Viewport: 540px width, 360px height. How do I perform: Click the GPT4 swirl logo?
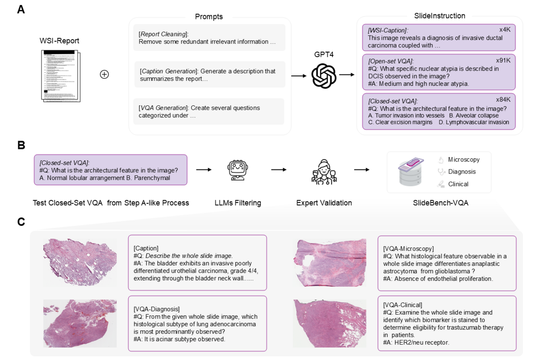324,76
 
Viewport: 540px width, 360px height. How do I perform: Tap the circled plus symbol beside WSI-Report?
104,74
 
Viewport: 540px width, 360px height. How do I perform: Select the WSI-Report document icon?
60,76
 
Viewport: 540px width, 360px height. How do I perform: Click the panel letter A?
21,9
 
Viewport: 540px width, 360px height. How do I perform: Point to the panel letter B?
21,145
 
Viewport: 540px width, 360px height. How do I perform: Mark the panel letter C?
21,222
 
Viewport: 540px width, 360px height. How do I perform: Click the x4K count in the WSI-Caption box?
505,30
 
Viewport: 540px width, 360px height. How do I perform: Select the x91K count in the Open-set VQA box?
503,60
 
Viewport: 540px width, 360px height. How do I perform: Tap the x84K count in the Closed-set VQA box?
503,100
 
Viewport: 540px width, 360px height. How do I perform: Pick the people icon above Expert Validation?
324,171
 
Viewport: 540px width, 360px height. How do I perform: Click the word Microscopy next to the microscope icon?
464,160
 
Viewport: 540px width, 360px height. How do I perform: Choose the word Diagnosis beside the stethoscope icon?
462,171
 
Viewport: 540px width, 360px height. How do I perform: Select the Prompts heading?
209,17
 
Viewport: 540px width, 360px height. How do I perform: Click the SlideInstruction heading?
440,16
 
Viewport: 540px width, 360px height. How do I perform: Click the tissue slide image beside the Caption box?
80,261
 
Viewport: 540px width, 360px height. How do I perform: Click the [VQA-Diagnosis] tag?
157,309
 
